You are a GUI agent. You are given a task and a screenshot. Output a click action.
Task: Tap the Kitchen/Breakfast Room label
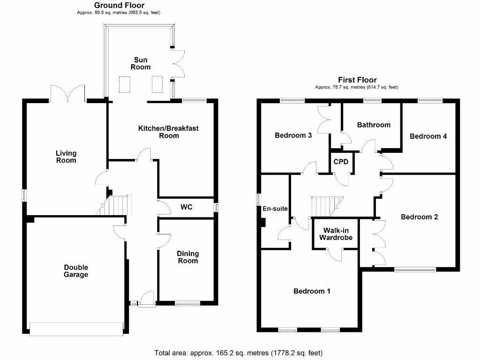[x=168, y=132]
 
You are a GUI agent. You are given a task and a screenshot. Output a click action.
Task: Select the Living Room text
[x=66, y=157]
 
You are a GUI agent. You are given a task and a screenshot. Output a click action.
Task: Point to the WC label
[x=187, y=207]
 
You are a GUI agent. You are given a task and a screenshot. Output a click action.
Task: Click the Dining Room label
[x=187, y=257]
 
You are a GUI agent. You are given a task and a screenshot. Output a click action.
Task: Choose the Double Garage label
[x=76, y=271]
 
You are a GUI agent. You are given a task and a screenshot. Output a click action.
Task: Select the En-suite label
[x=275, y=209]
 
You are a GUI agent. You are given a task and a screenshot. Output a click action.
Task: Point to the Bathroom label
[x=374, y=125]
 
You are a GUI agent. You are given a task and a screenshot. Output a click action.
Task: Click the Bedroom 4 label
[x=428, y=136]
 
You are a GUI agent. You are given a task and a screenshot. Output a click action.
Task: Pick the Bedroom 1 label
[x=312, y=291]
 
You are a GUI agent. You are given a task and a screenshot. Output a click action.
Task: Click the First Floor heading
[x=357, y=80]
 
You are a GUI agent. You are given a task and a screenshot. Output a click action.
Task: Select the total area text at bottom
[x=239, y=352]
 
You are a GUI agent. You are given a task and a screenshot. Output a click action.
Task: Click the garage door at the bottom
[x=76, y=328]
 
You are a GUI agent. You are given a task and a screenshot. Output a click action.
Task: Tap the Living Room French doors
[x=68, y=93]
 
